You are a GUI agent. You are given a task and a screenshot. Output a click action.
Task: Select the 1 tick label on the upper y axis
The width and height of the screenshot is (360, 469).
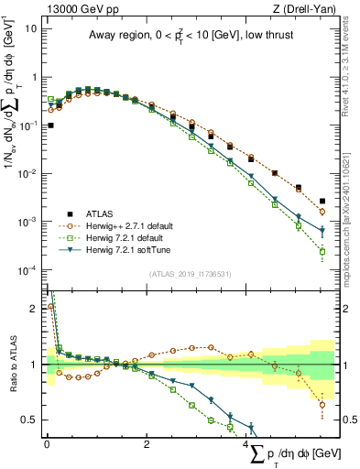(x=33, y=77)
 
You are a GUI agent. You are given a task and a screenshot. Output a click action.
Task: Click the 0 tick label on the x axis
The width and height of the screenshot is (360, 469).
(x=47, y=443)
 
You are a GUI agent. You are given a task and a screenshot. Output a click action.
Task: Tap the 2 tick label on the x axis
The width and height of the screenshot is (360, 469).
(x=147, y=443)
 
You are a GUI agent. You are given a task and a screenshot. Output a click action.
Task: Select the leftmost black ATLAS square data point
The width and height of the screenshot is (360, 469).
(x=50, y=125)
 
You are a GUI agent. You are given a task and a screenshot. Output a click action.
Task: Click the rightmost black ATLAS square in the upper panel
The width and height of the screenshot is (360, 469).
(x=322, y=201)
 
